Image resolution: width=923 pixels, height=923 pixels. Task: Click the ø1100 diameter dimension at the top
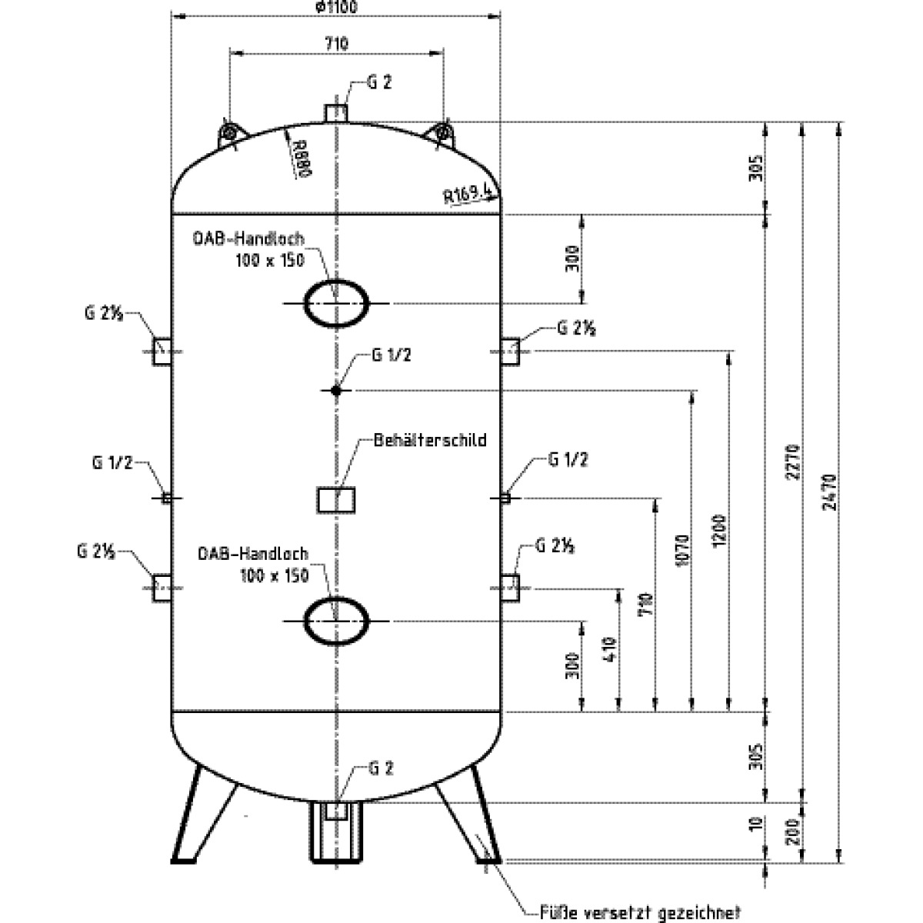pyautogui.click(x=336, y=7)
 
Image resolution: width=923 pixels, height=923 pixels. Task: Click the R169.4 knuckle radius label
pyautogui.click(x=467, y=192)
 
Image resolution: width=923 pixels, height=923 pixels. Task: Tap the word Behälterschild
pyautogui.click(x=430, y=441)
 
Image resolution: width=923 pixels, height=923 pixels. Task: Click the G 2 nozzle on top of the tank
pyautogui.click(x=336, y=113)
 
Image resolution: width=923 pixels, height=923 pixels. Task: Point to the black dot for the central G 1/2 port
pyautogui.click(x=336, y=391)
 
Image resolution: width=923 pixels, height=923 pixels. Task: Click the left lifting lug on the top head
pyautogui.click(x=228, y=133)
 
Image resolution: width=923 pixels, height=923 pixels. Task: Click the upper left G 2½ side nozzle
pyautogui.click(x=162, y=351)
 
